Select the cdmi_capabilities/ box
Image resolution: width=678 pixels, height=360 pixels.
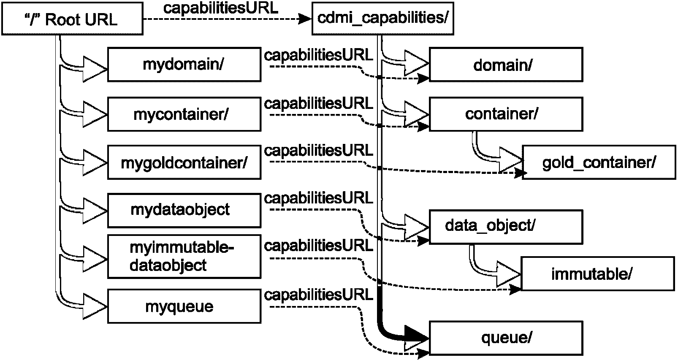tap(382, 19)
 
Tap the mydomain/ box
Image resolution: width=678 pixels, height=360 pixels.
tap(184, 65)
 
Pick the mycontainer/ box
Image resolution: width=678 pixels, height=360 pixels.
tap(184, 114)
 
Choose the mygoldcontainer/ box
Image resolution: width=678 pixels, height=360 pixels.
tap(184, 162)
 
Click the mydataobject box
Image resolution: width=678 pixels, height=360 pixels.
tap(184, 210)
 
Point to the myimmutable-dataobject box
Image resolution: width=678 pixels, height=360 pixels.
tap(184, 257)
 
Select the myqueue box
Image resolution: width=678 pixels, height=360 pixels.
tap(184, 306)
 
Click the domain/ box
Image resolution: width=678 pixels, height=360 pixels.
tap(506, 65)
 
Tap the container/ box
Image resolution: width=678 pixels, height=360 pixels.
tap(506, 114)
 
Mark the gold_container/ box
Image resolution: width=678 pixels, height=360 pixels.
tap(599, 162)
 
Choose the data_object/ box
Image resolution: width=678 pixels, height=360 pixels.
tap(506, 227)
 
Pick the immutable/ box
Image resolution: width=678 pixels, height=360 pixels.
tap(597, 274)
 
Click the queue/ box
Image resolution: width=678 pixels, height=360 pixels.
tap(506, 337)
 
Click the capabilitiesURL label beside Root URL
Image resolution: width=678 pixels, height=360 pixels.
tap(220, 8)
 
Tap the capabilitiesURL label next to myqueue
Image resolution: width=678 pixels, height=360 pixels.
tap(318, 295)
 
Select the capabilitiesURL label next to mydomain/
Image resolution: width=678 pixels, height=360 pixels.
tap(318, 55)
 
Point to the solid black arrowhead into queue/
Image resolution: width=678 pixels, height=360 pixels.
tap(416, 336)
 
